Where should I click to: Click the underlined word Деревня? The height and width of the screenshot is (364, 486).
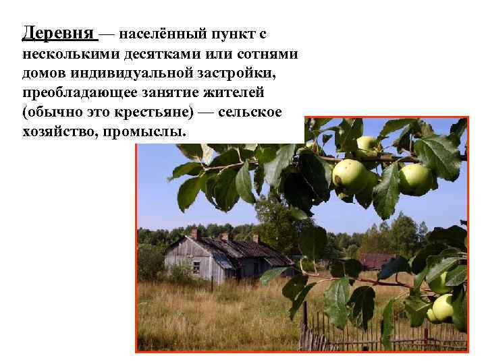pyautogui.click(x=60, y=33)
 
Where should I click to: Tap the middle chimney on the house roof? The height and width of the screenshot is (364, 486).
pyautogui.click(x=224, y=237)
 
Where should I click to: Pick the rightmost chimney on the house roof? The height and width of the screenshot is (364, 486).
pyautogui.click(x=255, y=239)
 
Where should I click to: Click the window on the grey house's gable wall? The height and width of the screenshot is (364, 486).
pyautogui.click(x=196, y=266)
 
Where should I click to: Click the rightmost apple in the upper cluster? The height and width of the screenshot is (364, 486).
pyautogui.click(x=414, y=179)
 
